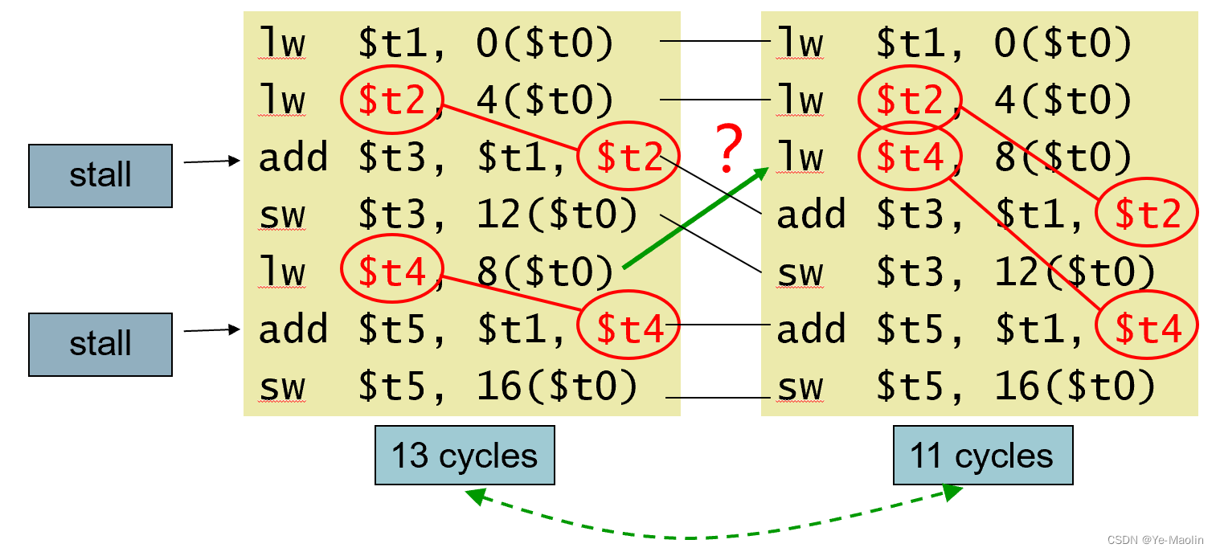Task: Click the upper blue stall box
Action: (x=100, y=176)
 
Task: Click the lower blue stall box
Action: (x=100, y=345)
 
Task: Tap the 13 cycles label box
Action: (x=465, y=455)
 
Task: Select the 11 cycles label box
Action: (x=983, y=455)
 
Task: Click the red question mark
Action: (x=728, y=147)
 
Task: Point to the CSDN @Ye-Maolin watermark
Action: (x=1155, y=540)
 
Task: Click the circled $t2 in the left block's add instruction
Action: (x=628, y=157)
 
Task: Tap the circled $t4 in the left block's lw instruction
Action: (x=392, y=269)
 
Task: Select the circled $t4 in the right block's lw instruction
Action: (x=911, y=157)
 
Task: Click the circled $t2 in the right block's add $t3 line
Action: (x=1147, y=213)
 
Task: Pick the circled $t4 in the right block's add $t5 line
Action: (x=1147, y=325)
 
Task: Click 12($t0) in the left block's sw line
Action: (x=557, y=214)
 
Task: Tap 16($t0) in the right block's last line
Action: (x=1075, y=386)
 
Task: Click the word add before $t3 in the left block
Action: (x=293, y=157)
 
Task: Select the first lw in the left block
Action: (x=282, y=43)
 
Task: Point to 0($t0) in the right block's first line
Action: (x=1063, y=43)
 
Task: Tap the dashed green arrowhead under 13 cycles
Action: (x=474, y=496)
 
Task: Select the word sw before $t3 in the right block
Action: (x=800, y=272)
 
